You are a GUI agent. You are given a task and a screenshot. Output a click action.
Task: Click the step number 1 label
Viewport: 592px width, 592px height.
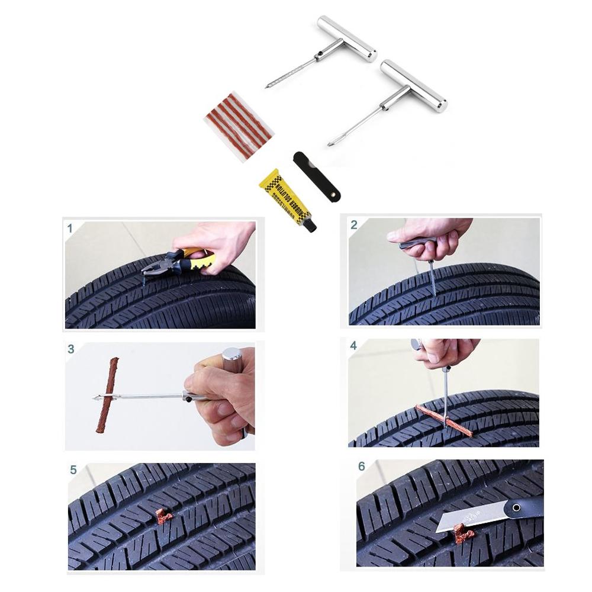(70, 228)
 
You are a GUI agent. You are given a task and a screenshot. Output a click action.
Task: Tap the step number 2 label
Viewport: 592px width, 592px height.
(354, 224)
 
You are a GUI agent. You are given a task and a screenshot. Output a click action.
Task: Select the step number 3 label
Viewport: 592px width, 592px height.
(71, 349)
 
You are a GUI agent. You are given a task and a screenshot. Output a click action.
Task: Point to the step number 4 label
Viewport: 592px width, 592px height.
(353, 345)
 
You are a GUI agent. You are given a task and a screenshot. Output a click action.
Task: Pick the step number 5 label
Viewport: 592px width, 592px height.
(73, 470)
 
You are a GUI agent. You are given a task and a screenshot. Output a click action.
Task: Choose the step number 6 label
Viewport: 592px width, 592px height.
(362, 466)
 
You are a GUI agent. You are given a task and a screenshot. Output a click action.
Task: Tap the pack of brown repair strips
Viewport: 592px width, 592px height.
(238, 126)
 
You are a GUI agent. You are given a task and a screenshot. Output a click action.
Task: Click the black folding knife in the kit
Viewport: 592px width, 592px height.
(317, 176)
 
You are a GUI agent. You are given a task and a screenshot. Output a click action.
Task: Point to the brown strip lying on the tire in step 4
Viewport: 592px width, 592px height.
(444, 421)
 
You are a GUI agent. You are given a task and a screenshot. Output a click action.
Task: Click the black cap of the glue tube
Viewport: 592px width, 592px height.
(310, 225)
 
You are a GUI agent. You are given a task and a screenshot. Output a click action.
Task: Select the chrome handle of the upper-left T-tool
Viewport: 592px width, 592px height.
(346, 38)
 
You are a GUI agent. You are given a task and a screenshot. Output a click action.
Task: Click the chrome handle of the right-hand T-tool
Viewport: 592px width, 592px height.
(413, 86)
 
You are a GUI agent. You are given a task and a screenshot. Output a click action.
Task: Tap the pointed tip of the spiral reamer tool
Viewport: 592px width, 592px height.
(268, 86)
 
